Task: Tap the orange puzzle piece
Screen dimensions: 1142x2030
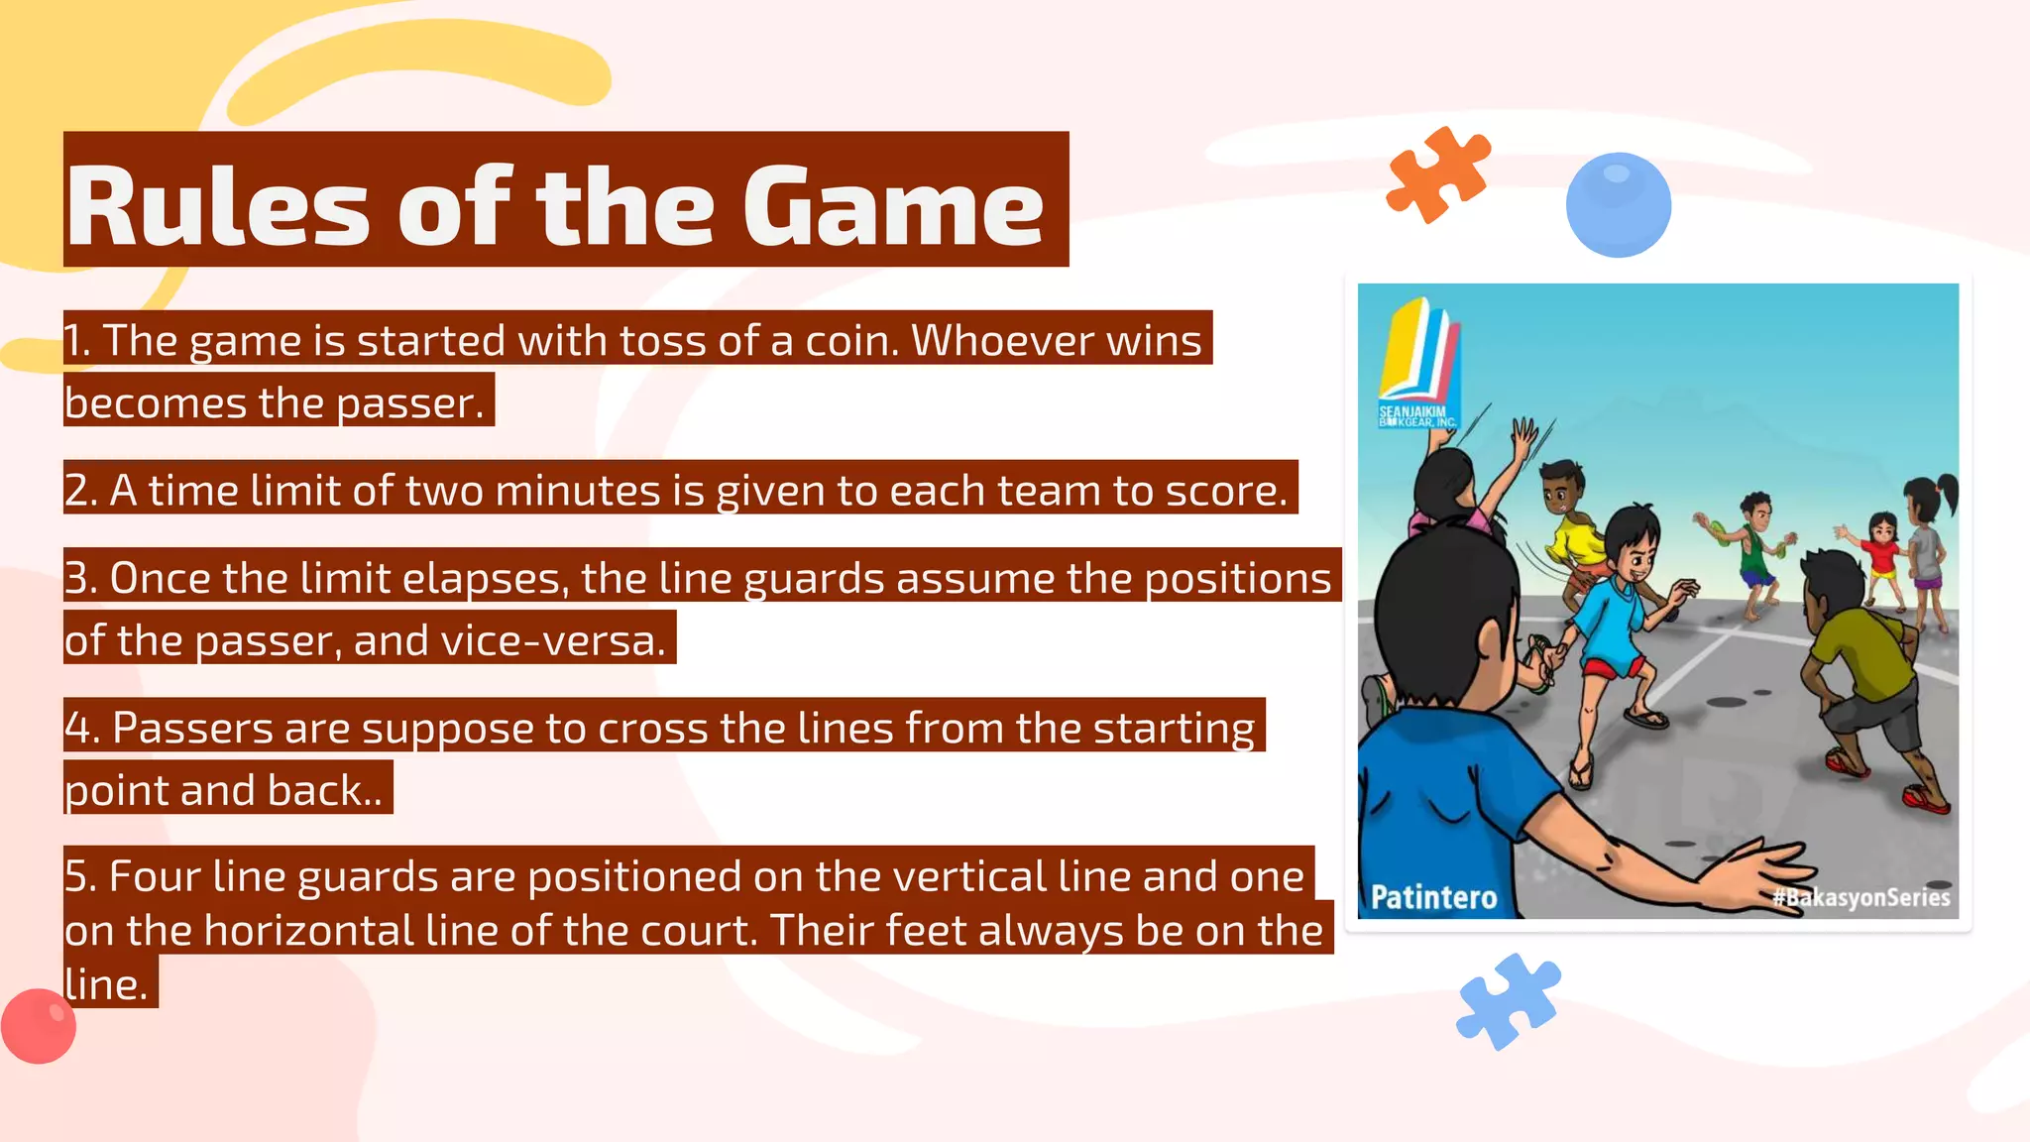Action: click(x=1437, y=173)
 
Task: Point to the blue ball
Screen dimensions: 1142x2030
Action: click(x=1618, y=204)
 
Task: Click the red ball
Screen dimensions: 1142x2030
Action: click(x=39, y=1026)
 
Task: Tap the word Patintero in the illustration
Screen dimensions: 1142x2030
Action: click(x=1433, y=897)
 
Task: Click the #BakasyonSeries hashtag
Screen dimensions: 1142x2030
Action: click(x=1861, y=897)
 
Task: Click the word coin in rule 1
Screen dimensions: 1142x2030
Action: click(x=849, y=340)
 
